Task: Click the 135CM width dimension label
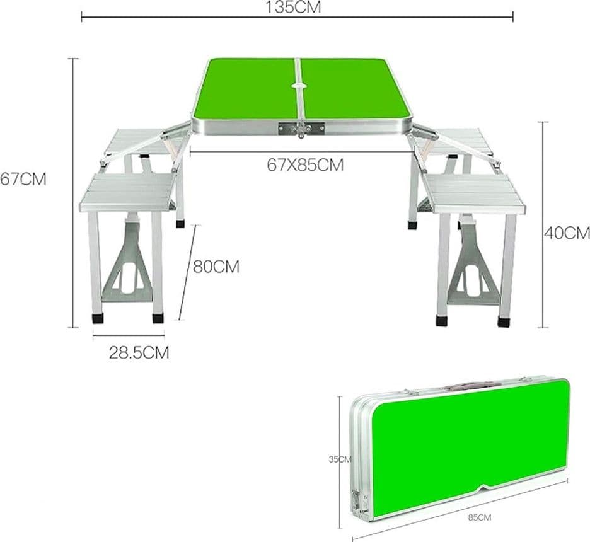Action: pyautogui.click(x=294, y=7)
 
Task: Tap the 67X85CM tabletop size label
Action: pyautogui.click(x=305, y=165)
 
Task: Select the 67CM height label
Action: pyautogui.click(x=23, y=180)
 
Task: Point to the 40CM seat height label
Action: pyautogui.click(x=567, y=233)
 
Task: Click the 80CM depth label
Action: pyautogui.click(x=216, y=267)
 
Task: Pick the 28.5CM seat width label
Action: pyautogui.click(x=139, y=353)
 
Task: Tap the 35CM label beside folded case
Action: pyautogui.click(x=340, y=459)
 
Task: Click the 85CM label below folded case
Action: pyautogui.click(x=479, y=517)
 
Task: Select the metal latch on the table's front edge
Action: pyautogui.click(x=301, y=129)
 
